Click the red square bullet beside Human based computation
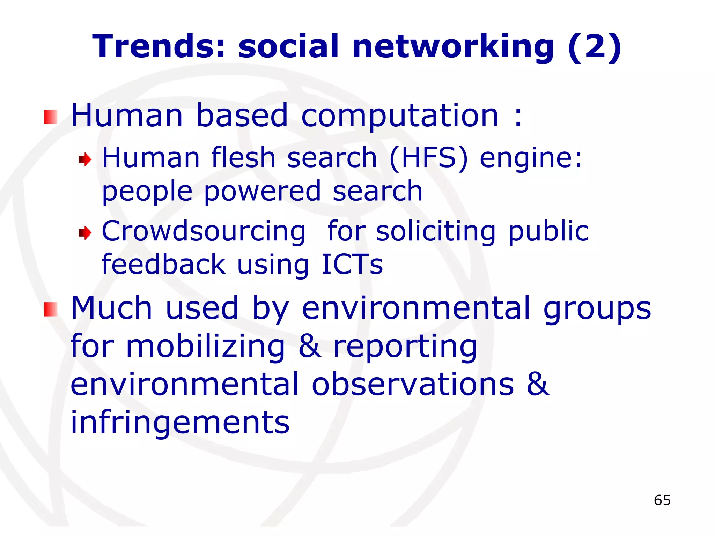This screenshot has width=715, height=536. coord(51,117)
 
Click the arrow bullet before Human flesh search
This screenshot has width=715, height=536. coord(85,160)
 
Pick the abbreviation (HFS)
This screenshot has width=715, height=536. coord(428,158)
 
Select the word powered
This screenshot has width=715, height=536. coord(262,192)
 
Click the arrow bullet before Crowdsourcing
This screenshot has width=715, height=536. coord(85,232)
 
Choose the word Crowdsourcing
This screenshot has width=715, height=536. coord(204,232)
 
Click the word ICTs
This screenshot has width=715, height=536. coord(352,264)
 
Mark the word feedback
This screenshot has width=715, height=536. coord(164,264)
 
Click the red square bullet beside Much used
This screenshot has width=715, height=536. coord(51,309)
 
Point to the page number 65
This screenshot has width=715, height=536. coord(662,500)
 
